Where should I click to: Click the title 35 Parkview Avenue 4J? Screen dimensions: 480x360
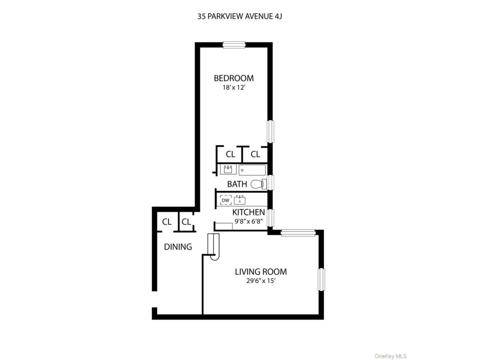click(239, 17)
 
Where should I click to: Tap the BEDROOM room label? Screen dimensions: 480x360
click(234, 78)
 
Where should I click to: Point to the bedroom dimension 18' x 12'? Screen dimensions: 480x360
click(234, 88)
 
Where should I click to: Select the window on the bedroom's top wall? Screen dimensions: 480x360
click(234, 45)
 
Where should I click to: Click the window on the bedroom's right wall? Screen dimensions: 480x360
click(270, 131)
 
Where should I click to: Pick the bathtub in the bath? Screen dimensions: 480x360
click(252, 170)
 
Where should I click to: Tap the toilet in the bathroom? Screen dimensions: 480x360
click(258, 184)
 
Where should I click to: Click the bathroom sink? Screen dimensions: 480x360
click(228, 169)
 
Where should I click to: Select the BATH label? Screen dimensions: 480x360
click(237, 184)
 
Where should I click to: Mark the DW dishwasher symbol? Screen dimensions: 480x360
click(226, 200)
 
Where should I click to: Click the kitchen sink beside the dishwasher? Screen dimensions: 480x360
click(239, 200)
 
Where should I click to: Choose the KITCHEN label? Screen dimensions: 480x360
click(248, 212)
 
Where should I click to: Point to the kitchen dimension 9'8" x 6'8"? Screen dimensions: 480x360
click(249, 221)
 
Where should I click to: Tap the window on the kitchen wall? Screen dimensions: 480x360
click(271, 218)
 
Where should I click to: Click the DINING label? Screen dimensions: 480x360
click(178, 247)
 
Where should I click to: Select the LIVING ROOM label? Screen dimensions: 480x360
click(261, 272)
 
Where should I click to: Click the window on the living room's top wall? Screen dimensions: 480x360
click(298, 233)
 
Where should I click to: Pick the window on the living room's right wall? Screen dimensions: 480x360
click(321, 279)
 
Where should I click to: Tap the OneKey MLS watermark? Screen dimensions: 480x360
click(390, 357)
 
